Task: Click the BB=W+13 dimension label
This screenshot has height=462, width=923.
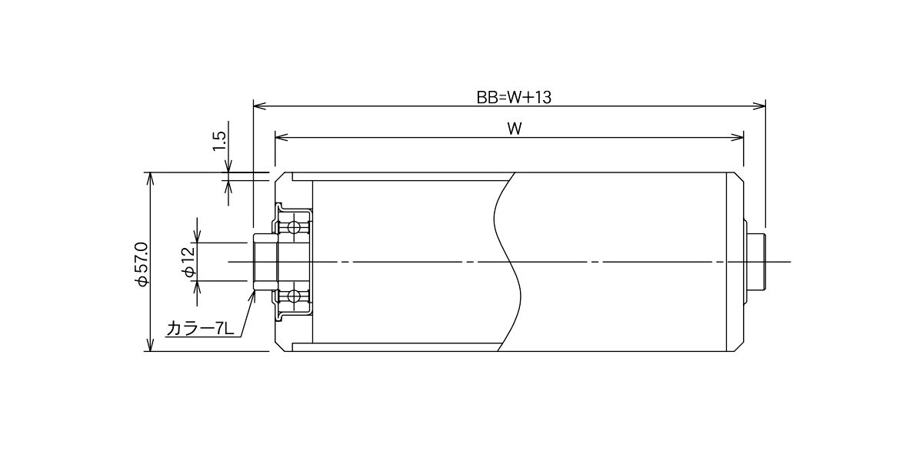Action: click(514, 98)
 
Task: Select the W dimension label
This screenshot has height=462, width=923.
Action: click(515, 129)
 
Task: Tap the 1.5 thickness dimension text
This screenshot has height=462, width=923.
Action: click(220, 141)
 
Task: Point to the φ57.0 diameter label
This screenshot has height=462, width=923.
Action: click(141, 264)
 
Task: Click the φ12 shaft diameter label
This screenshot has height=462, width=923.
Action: click(189, 262)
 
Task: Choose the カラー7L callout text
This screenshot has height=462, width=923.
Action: click(200, 330)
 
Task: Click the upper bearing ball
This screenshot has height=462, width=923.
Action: click(294, 227)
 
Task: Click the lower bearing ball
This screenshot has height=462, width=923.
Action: click(294, 296)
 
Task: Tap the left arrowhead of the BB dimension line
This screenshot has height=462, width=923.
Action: click(260, 106)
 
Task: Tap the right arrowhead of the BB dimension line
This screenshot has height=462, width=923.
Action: click(759, 106)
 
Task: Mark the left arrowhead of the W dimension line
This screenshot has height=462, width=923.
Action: click(282, 137)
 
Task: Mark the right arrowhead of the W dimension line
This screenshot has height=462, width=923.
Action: click(738, 137)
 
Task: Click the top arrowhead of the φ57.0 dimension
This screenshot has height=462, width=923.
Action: click(151, 179)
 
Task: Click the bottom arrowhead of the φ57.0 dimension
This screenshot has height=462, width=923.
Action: click(151, 345)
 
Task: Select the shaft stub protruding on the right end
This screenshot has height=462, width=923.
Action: click(757, 262)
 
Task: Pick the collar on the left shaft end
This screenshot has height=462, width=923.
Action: click(265, 262)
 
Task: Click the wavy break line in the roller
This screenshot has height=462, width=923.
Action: click(507, 262)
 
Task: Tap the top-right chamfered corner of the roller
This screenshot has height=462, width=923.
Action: click(738, 178)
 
